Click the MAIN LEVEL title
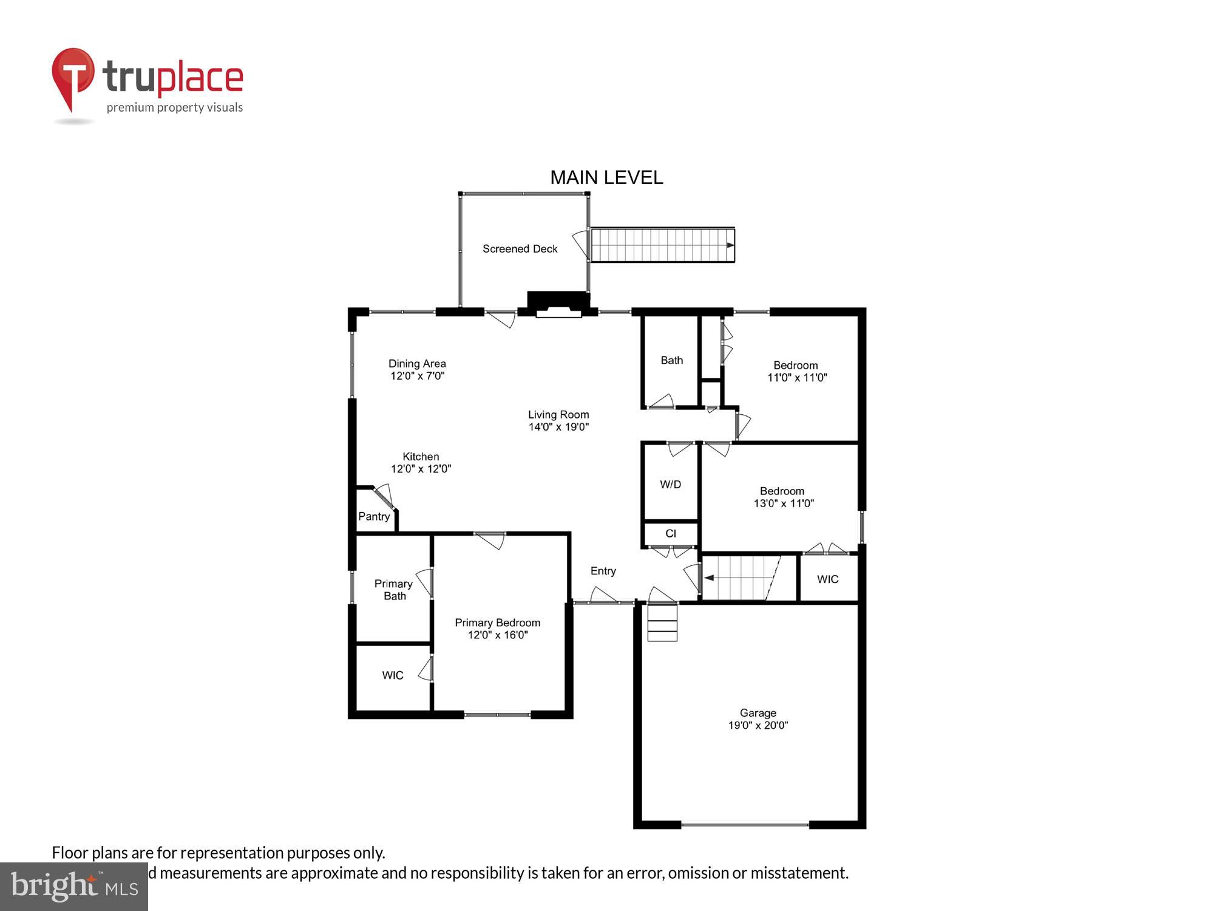(x=606, y=177)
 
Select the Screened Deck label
(x=520, y=248)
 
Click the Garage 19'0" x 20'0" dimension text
(x=758, y=725)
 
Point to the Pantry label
(x=374, y=516)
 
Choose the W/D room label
(x=671, y=484)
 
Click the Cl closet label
(x=671, y=533)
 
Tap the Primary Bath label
(x=394, y=590)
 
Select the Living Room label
(x=558, y=415)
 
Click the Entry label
(x=603, y=571)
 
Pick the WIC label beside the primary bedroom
(x=393, y=675)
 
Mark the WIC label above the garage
(x=828, y=579)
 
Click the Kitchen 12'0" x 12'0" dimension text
(x=421, y=469)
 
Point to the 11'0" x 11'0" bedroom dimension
(x=797, y=378)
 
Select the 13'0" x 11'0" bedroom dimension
(x=784, y=503)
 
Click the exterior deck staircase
(x=662, y=245)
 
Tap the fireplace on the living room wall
(x=558, y=304)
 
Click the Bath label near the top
(x=672, y=360)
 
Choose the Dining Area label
(x=417, y=364)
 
